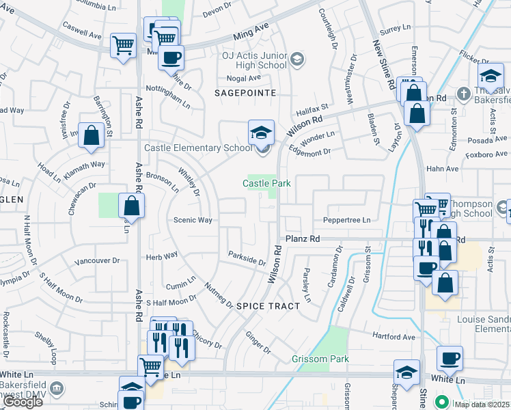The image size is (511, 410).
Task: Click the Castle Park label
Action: [268, 183]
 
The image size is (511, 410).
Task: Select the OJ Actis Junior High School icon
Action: [296, 59]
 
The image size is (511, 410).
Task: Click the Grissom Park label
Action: [320, 359]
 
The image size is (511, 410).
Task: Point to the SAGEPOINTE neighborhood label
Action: [245, 92]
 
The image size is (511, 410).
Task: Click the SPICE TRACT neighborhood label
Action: [268, 306]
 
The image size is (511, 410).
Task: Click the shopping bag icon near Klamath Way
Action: [91, 136]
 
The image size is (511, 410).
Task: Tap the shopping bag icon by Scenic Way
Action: [131, 205]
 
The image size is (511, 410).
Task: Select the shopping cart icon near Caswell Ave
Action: [123, 46]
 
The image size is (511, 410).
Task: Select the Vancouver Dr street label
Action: [97, 261]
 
